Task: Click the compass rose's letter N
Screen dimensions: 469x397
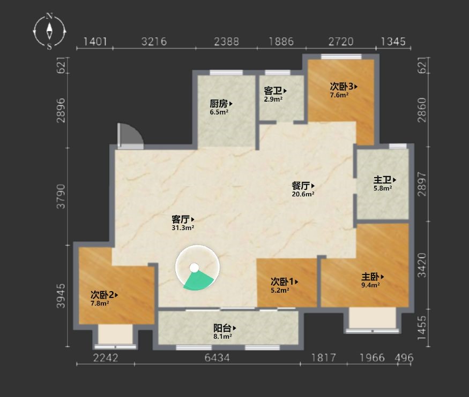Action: click(x=49, y=16)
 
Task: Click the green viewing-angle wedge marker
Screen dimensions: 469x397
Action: click(x=197, y=280)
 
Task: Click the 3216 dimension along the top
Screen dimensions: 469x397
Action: click(x=154, y=42)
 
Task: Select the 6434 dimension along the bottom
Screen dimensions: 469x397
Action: click(x=217, y=357)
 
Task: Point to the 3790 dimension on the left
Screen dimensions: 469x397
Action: click(x=61, y=196)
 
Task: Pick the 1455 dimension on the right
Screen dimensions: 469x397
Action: click(x=422, y=327)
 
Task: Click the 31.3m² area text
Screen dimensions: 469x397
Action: click(x=183, y=228)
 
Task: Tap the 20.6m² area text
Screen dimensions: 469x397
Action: click(x=303, y=194)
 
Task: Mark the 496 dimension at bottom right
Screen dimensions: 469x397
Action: click(x=404, y=357)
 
